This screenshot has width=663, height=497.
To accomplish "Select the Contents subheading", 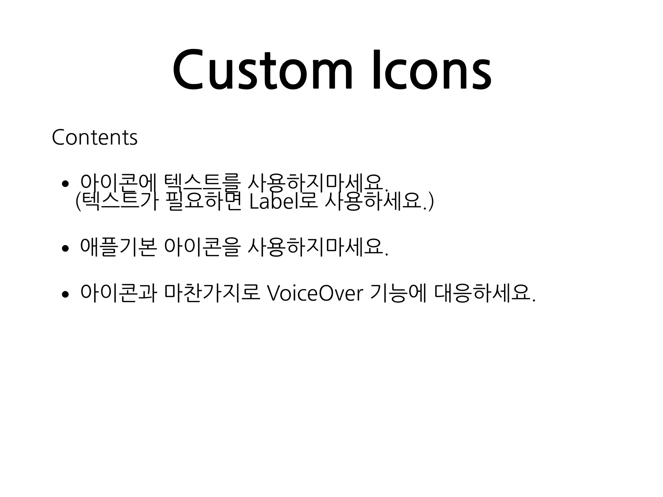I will click(x=95, y=138).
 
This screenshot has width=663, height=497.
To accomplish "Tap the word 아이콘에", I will click(x=118, y=183).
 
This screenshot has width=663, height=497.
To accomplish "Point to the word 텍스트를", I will click(x=202, y=183).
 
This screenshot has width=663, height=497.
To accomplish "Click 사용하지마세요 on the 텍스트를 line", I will click(x=317, y=183).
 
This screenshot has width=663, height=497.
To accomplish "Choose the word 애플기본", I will click(x=118, y=248).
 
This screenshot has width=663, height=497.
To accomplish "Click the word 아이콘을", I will click(x=202, y=248).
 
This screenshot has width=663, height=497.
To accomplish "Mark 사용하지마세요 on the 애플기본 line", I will click(x=317, y=248).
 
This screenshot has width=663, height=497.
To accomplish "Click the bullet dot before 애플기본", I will click(x=65, y=248).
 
